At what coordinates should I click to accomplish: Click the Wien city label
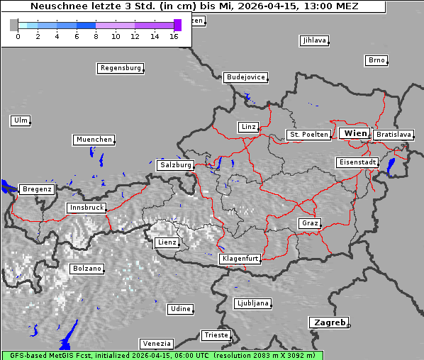tap(355, 133)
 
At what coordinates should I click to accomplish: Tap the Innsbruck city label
tap(86, 208)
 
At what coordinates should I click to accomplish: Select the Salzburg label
tap(175, 164)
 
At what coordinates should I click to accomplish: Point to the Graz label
tap(310, 223)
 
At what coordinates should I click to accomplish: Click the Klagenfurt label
tap(240, 259)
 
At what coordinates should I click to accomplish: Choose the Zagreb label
tap(328, 322)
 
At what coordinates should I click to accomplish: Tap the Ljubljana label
tap(252, 303)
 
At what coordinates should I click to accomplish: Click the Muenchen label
tap(94, 140)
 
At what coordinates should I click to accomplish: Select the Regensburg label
tap(120, 68)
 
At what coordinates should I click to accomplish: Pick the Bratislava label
tap(394, 134)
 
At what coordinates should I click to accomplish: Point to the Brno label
tap(376, 60)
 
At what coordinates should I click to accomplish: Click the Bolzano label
tap(87, 269)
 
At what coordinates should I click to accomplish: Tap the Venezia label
tap(156, 343)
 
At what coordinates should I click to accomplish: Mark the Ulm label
tap(21, 120)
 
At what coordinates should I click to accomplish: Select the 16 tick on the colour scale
tap(174, 35)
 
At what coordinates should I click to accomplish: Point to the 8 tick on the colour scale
tap(96, 35)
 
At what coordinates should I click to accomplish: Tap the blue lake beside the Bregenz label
tap(8, 187)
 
